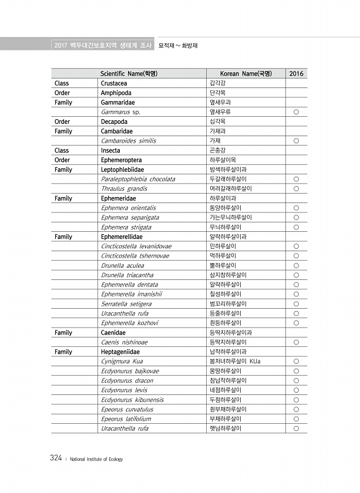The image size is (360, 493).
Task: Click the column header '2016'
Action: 297,73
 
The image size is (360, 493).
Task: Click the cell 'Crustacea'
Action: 114,83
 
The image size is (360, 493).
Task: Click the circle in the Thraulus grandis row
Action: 297,189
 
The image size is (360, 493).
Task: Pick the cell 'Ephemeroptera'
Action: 122,160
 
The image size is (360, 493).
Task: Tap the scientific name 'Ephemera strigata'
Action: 126,227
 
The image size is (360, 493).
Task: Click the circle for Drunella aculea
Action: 297,265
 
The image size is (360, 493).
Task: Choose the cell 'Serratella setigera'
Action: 126,304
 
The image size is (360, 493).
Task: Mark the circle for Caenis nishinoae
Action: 297,342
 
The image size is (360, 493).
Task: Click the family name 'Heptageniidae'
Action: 120,352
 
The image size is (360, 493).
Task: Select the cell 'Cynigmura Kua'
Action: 122,362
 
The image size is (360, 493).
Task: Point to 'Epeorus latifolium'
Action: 126,419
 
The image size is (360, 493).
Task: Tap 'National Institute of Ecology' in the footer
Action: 96,460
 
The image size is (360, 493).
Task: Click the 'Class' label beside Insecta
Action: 62,150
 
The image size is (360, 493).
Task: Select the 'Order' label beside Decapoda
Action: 62,121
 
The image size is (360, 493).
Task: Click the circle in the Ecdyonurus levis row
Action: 297,390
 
